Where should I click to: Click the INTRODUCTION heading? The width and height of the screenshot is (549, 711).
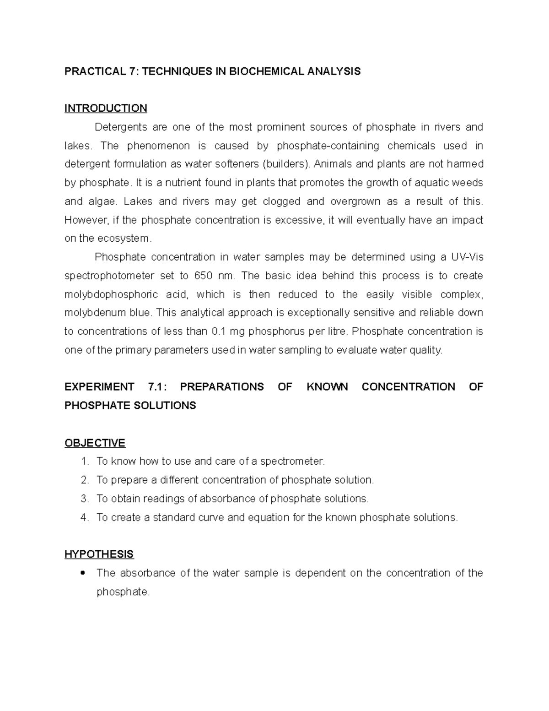coord(106,109)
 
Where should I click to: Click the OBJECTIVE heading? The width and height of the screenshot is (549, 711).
coord(95,443)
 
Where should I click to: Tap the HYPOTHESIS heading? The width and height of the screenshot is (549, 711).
coord(99,554)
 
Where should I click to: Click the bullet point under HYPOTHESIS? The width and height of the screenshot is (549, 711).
coord(83,573)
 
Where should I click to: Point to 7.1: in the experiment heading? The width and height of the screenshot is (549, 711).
coord(158,387)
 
